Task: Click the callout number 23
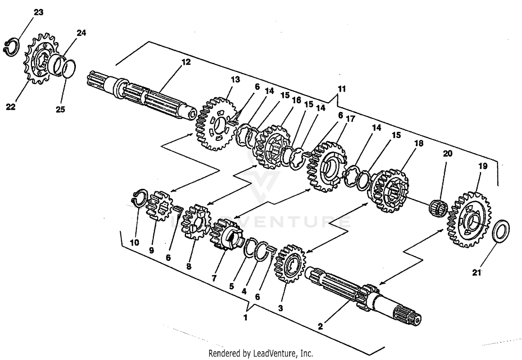click(x=38, y=12)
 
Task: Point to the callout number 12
click(x=186, y=62)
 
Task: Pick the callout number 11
click(x=342, y=89)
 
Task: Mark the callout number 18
click(x=419, y=143)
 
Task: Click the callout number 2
click(x=321, y=326)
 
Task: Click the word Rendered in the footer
click(x=222, y=353)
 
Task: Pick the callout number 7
click(x=214, y=278)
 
